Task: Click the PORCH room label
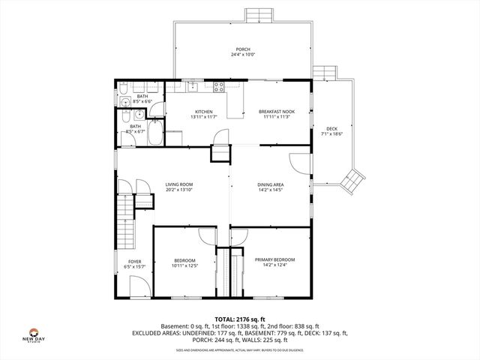(243, 49)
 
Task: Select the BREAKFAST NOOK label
(277, 112)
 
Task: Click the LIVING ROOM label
(179, 184)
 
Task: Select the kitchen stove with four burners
(220, 86)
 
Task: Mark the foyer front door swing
(138, 286)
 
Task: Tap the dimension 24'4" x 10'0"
(243, 55)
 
